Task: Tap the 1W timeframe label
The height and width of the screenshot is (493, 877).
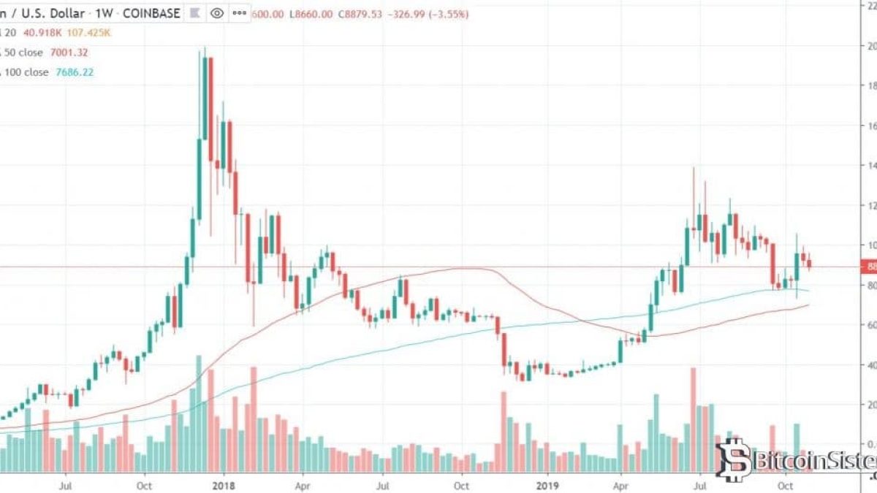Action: pyautogui.click(x=102, y=13)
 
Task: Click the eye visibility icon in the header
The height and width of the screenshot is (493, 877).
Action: pyautogui.click(x=216, y=13)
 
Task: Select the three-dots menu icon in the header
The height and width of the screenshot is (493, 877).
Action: pyautogui.click(x=239, y=13)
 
